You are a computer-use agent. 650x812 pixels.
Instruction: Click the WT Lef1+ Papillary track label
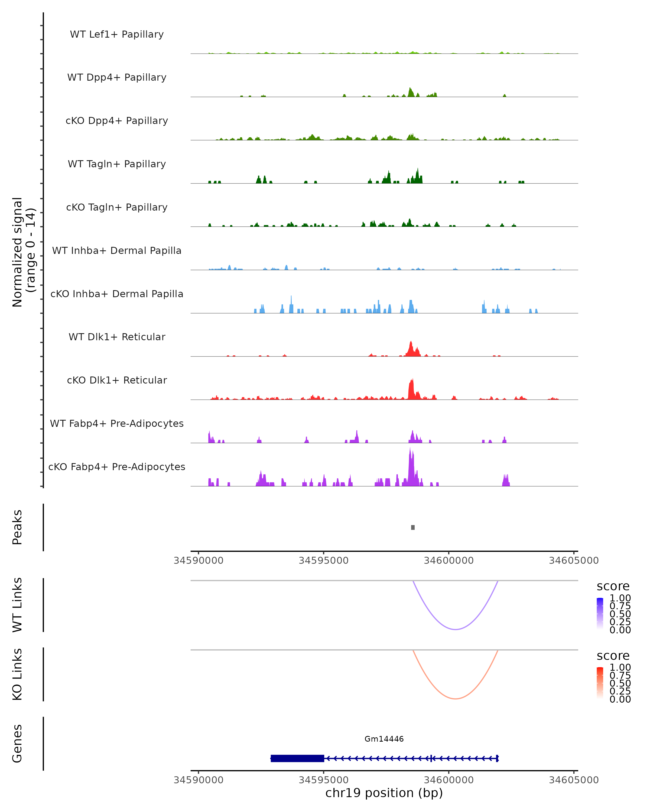pyautogui.click(x=117, y=34)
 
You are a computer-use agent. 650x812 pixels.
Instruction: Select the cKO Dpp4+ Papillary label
pyautogui.click(x=117, y=121)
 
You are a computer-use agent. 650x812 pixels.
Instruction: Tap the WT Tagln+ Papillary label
pyautogui.click(x=117, y=164)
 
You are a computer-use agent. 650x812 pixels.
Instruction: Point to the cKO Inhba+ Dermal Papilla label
pyautogui.click(x=117, y=294)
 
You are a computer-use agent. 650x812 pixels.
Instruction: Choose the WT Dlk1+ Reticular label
pyautogui.click(x=117, y=337)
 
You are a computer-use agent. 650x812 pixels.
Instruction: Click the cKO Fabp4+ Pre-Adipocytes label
pyautogui.click(x=117, y=467)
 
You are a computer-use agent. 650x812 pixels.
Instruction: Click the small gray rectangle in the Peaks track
pyautogui.click(x=413, y=528)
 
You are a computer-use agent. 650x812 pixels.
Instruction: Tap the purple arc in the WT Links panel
pyautogui.click(x=456, y=629)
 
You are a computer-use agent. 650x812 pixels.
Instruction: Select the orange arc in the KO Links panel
pyautogui.click(x=456, y=699)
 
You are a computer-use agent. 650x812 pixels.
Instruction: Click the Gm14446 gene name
pyautogui.click(x=384, y=739)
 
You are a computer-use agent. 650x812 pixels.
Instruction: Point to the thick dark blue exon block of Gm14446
pyautogui.click(x=297, y=758)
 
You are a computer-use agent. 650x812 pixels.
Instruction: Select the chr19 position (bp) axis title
pyautogui.click(x=384, y=793)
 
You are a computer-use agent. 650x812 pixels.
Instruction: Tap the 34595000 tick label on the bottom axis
pyautogui.click(x=323, y=780)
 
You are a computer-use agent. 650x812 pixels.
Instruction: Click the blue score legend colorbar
pyautogui.click(x=600, y=613)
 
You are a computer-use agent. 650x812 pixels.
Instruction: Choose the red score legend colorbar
pyautogui.click(x=600, y=682)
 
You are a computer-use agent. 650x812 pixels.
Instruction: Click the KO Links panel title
pyautogui.click(x=17, y=674)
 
